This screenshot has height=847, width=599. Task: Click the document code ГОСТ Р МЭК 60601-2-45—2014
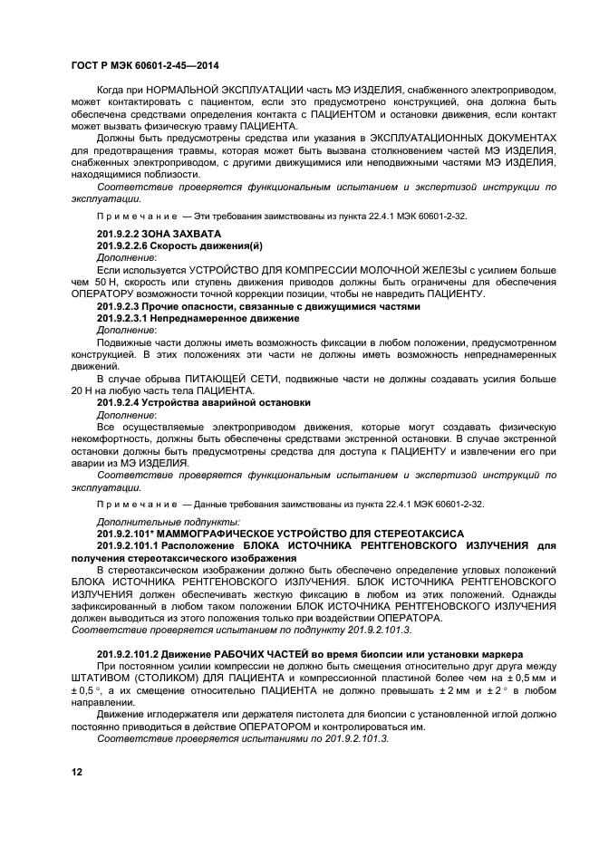click(x=144, y=66)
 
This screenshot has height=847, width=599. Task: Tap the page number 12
click(x=76, y=773)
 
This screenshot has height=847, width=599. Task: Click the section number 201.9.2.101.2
click(x=138, y=653)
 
